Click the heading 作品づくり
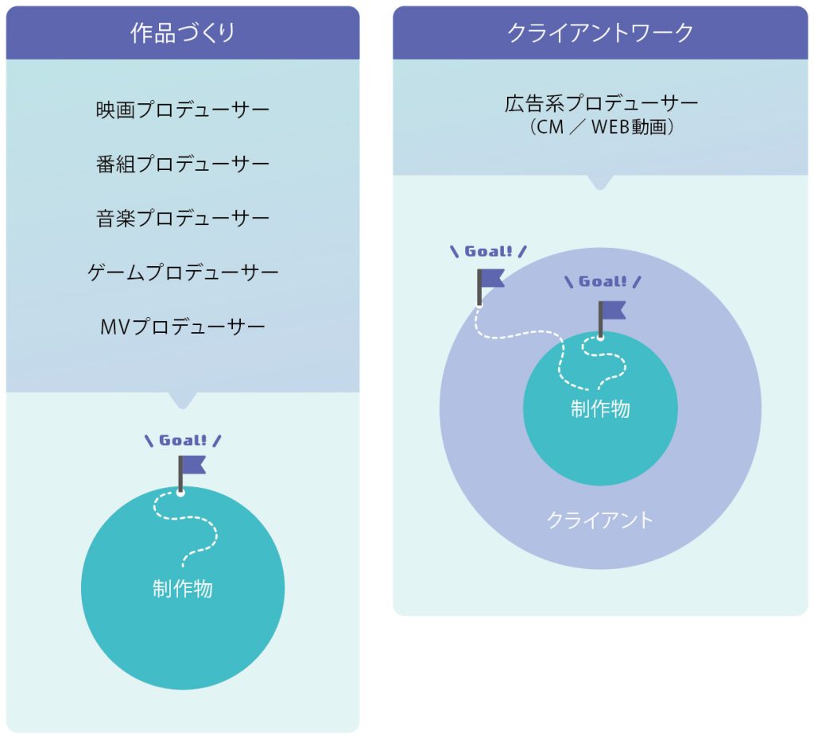[x=182, y=33]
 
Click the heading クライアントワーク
[x=600, y=33]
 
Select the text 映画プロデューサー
[x=182, y=110]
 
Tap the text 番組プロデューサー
[x=182, y=164]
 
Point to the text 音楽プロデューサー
[x=182, y=219]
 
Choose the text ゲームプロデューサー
[x=182, y=273]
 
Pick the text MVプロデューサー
[x=182, y=327]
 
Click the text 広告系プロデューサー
[x=600, y=104]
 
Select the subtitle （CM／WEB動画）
[x=600, y=127]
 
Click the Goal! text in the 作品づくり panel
[x=183, y=440]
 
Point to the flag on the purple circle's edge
[x=490, y=280]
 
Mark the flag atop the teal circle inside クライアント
[x=610, y=311]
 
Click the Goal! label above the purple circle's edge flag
[x=488, y=252]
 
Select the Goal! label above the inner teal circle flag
[x=603, y=281]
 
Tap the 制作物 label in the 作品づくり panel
[x=182, y=589]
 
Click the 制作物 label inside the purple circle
[x=600, y=408]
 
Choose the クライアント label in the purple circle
[x=600, y=520]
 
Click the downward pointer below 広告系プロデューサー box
[x=600, y=182]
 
